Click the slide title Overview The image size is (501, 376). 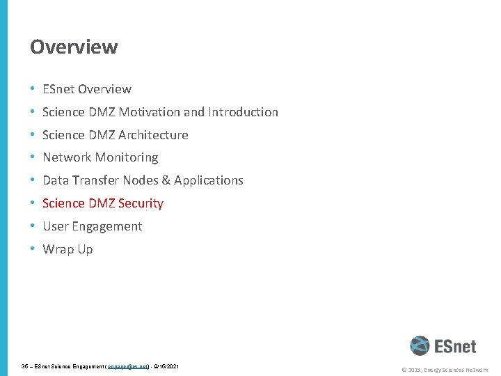74,47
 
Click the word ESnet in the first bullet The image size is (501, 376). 58,89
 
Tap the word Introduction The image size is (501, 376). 243,112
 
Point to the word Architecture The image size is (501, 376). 154,135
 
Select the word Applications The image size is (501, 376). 209,180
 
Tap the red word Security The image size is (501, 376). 141,203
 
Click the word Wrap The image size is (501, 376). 57,249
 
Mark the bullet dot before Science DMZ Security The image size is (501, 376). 33,203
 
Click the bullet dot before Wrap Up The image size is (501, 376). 33,249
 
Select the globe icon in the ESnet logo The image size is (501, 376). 420,346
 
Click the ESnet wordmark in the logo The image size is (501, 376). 455,346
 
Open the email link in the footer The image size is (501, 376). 128,366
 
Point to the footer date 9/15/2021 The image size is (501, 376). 167,366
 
